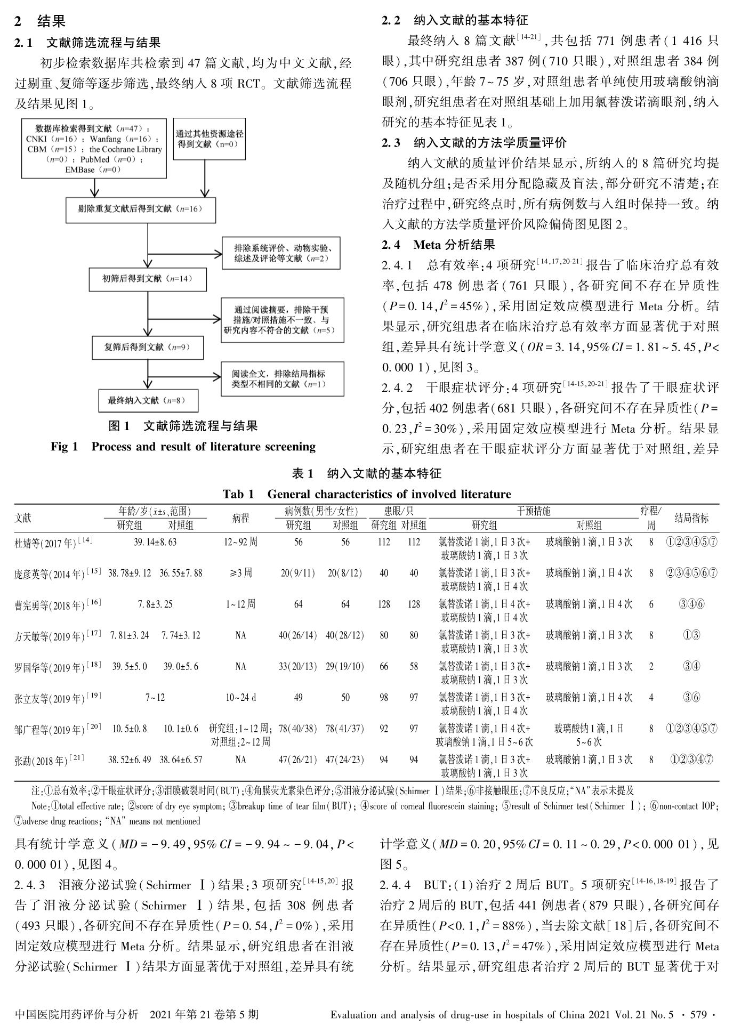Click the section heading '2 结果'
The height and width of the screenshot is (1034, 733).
(x=41, y=21)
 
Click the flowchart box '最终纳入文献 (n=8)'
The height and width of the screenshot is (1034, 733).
(x=148, y=401)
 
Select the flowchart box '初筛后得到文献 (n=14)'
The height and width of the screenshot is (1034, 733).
(x=148, y=279)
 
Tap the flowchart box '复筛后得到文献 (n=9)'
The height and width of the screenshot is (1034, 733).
(x=148, y=348)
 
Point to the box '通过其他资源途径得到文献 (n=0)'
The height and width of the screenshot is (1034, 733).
(x=210, y=140)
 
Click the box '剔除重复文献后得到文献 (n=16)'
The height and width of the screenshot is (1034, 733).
(x=141, y=209)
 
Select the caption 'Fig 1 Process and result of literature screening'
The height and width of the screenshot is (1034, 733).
(x=183, y=447)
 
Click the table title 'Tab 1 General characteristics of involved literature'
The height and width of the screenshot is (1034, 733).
(x=367, y=494)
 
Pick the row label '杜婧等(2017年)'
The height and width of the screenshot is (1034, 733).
(x=53, y=543)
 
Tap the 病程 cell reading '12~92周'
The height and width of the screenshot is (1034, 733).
(x=240, y=542)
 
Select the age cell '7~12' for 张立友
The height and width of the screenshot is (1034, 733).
(x=155, y=697)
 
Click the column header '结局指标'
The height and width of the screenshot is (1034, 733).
(x=691, y=518)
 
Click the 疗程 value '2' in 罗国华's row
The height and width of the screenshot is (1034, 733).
(x=651, y=666)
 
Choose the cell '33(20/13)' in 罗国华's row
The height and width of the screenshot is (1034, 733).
(x=298, y=666)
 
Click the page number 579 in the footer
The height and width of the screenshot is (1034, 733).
(x=699, y=1015)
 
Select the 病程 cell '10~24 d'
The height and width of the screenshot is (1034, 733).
(x=240, y=697)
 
